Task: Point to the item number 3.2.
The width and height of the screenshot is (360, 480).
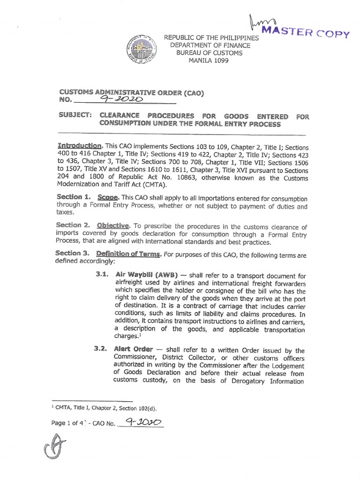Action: coord(102,350)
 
